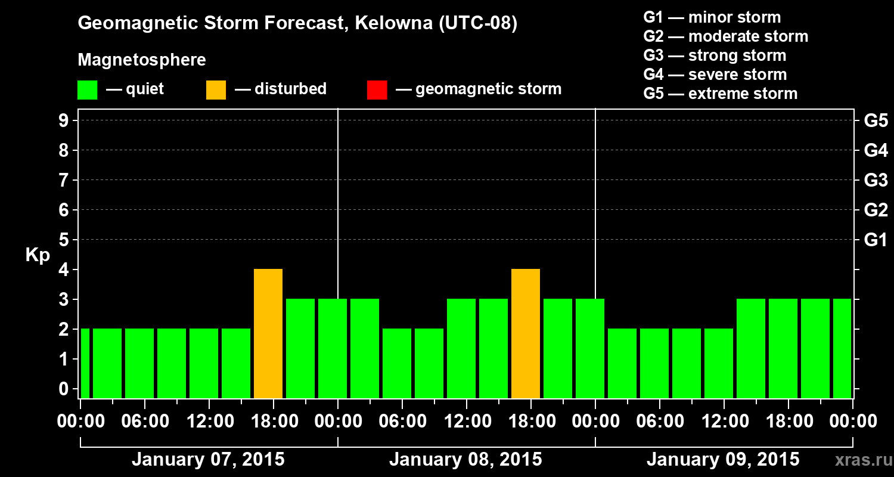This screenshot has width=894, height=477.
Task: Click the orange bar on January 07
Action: click(268, 334)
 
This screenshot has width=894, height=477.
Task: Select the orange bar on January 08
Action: click(526, 334)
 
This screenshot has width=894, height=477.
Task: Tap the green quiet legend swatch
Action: click(87, 89)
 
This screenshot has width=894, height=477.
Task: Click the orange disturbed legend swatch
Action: click(216, 89)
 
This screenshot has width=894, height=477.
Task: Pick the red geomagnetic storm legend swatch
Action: click(377, 89)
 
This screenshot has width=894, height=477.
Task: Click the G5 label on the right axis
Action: click(876, 121)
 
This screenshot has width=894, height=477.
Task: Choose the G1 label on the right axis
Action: click(876, 240)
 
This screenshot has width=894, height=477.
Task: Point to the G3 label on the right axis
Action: click(876, 181)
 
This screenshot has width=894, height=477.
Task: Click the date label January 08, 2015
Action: click(465, 460)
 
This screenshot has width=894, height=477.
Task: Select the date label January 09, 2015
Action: click(723, 460)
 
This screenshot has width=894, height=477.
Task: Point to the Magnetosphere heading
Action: click(142, 60)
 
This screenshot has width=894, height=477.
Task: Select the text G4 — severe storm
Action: click(715, 75)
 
